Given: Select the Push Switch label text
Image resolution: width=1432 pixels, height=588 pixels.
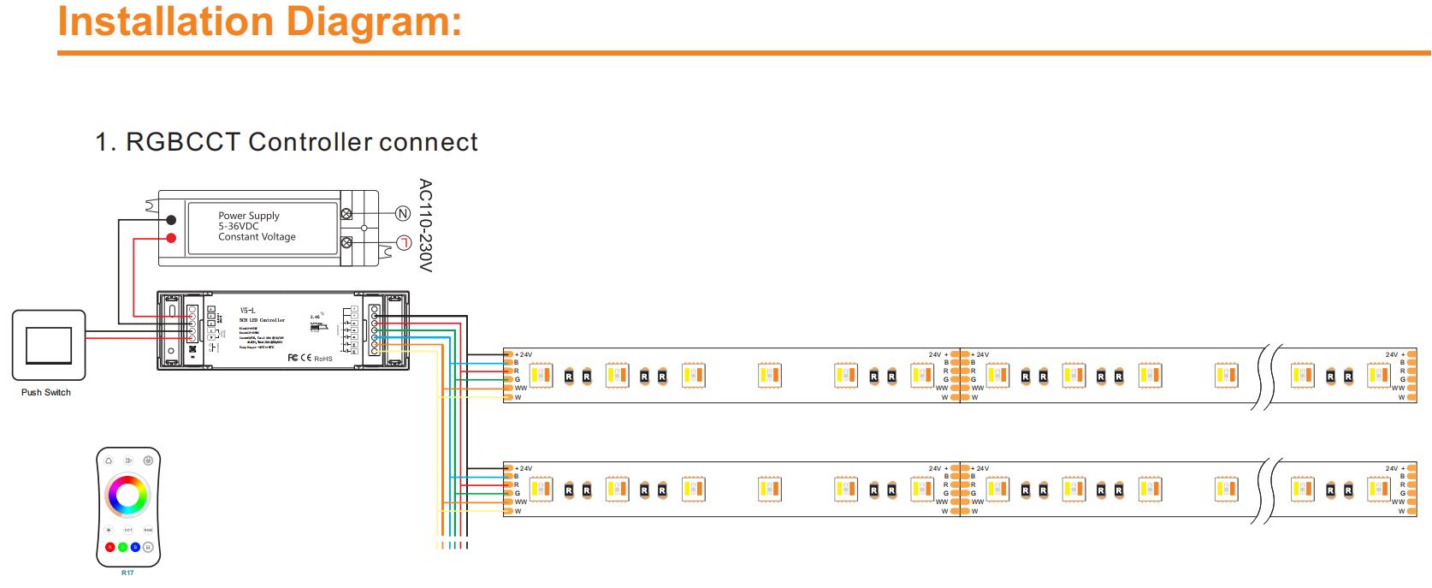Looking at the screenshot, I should tap(46, 392).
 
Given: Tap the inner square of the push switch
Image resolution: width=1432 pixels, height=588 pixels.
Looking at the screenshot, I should tap(49, 345).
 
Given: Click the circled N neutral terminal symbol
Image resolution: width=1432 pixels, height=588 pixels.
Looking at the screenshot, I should tap(403, 213).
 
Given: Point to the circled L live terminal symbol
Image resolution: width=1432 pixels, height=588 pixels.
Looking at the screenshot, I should tap(403, 243).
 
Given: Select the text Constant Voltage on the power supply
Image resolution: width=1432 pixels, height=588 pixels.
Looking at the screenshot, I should tap(257, 237).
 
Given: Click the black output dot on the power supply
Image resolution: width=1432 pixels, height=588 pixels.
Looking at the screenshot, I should tap(171, 220).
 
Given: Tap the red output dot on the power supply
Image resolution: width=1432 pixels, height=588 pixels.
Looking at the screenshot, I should tap(171, 237).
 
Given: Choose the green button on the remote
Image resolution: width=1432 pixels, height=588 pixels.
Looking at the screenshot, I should tap(122, 547).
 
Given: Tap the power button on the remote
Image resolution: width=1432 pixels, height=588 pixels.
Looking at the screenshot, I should tap(148, 460).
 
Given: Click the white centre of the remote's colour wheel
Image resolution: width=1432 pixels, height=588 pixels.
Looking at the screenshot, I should tap(127, 495).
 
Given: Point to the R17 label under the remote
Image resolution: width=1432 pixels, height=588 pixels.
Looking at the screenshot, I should tap(127, 573).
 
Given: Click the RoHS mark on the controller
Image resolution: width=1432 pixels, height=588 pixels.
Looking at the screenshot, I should tap(322, 359).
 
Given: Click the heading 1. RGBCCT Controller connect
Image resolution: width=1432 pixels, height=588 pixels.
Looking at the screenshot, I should tap(287, 142).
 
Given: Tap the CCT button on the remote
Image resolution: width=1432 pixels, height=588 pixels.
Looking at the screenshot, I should tap(128, 530).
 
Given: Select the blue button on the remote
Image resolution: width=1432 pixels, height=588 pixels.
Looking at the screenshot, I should tap(135, 547).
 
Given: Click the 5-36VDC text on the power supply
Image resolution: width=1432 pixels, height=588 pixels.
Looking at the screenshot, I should tap(238, 227).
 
